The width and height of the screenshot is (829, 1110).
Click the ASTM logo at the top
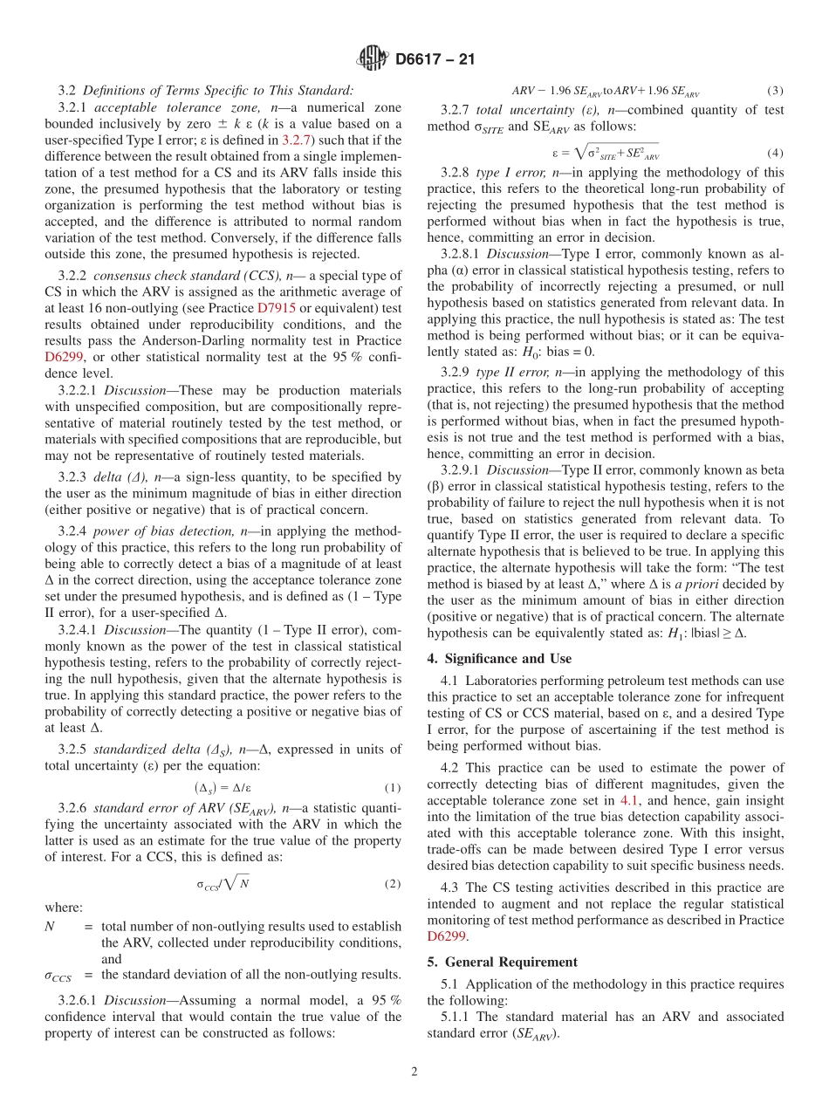(x=373, y=59)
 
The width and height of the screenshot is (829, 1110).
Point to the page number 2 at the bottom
(x=414, y=1072)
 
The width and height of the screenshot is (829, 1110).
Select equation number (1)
(x=392, y=787)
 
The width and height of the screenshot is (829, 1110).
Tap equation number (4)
(x=775, y=153)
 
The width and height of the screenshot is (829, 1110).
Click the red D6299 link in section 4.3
(x=447, y=936)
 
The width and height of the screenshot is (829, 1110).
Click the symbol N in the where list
(x=49, y=926)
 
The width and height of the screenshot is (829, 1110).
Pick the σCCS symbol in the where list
(x=57, y=975)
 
